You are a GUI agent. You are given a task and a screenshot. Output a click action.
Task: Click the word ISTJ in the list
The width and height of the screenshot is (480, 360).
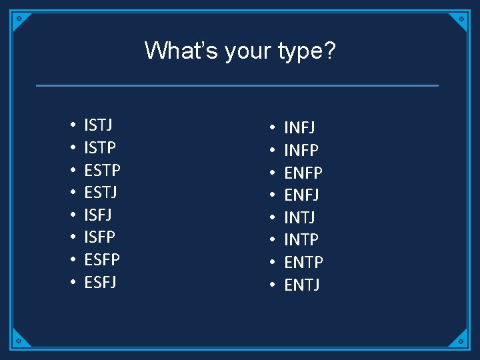(98, 125)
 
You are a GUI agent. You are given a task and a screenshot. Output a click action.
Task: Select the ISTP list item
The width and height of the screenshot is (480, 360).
(100, 147)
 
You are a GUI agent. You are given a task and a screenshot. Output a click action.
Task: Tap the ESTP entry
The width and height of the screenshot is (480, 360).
(102, 170)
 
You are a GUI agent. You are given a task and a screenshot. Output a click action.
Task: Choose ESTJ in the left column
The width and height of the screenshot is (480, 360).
(101, 193)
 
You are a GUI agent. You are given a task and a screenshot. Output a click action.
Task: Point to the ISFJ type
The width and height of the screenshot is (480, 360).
(98, 215)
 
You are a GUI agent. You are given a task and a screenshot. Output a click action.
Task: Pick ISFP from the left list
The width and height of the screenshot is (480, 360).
(99, 237)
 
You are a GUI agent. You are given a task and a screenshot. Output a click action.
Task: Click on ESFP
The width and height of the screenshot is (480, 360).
(102, 259)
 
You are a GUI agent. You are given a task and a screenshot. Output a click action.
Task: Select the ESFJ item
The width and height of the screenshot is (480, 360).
(100, 282)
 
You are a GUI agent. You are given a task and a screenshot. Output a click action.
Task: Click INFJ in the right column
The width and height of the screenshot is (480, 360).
(300, 127)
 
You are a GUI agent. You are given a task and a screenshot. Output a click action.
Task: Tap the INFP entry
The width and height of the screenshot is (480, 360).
(301, 150)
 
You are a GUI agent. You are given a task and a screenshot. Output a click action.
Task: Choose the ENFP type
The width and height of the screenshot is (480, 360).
(303, 173)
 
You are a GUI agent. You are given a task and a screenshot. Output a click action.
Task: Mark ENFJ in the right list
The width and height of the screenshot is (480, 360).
(302, 195)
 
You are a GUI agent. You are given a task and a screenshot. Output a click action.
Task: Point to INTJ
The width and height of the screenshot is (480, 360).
(300, 217)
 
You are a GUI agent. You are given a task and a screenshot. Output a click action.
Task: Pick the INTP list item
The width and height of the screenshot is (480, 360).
(301, 239)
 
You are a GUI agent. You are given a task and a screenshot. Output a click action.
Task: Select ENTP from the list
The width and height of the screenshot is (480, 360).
(303, 262)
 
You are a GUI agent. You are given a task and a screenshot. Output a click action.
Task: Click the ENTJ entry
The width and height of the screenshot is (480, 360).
(302, 285)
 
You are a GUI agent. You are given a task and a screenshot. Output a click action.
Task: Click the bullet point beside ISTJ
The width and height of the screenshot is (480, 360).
(71, 125)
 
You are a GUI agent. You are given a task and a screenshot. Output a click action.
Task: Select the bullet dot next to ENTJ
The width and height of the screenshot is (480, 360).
(272, 285)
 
